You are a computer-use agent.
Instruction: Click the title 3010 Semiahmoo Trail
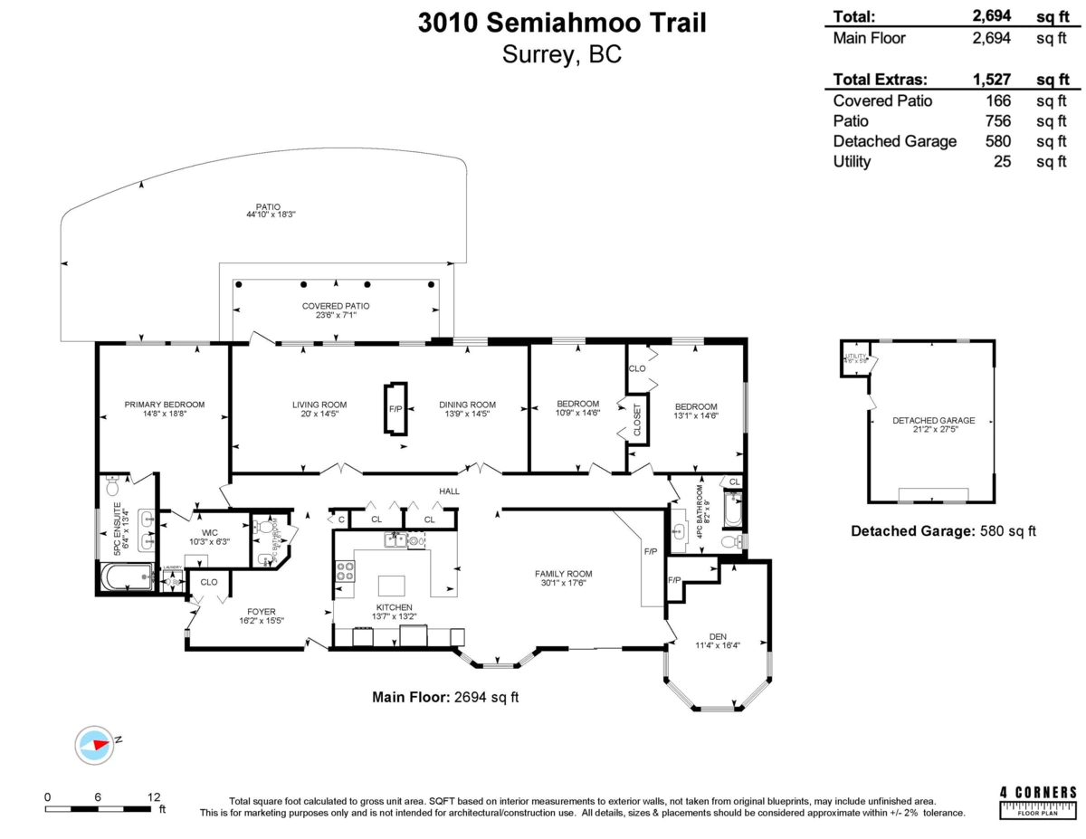[x=562, y=23]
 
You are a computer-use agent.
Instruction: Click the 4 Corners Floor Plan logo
[x=1037, y=802]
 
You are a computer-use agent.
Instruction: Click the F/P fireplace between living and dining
[x=395, y=409]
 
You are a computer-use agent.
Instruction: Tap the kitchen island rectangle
[x=393, y=583]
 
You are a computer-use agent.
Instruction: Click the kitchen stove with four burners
[x=345, y=571]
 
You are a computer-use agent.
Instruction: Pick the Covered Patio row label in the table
[x=882, y=101]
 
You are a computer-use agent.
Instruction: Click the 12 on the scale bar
[x=155, y=797]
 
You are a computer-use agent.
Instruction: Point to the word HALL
[x=449, y=491]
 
